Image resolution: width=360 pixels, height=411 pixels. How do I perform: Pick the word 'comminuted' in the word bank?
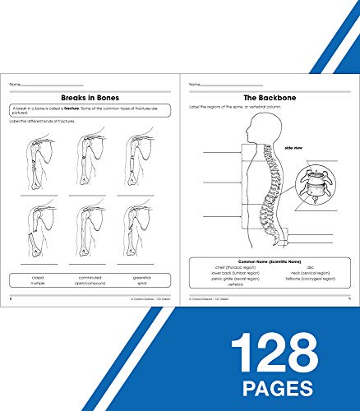[x=90, y=278]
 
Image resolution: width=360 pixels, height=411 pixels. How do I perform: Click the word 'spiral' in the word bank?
[x=140, y=284]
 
